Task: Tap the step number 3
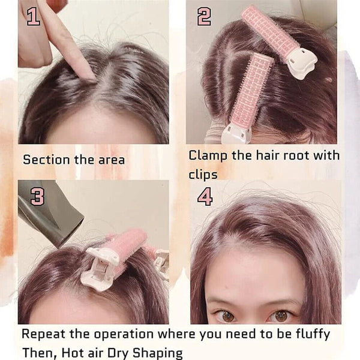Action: point(37,196)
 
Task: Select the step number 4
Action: point(205,196)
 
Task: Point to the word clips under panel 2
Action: point(203,174)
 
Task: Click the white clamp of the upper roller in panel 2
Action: point(301,62)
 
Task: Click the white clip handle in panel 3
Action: point(100,270)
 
